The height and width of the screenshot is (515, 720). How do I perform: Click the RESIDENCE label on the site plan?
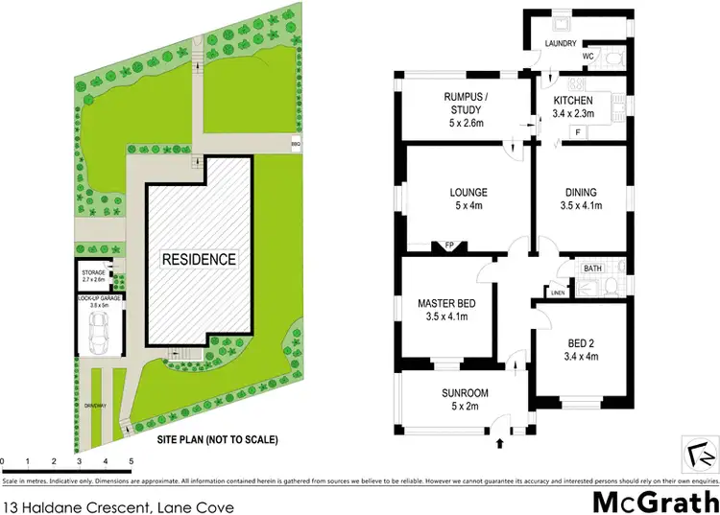point(198,259)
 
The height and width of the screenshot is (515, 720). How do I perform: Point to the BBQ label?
point(296,145)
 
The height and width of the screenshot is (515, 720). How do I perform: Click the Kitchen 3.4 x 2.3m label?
point(573,106)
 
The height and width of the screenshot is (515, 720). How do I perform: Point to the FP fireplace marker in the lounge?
point(448,246)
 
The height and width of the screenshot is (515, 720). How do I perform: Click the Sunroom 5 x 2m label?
point(466,399)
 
